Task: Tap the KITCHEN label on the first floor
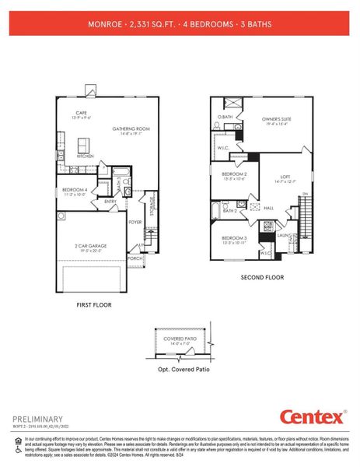coord(86,156)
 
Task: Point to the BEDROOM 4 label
coord(75,188)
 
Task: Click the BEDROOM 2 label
coord(234,174)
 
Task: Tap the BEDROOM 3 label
coord(234,237)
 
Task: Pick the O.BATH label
coord(225,117)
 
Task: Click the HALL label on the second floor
coord(268,208)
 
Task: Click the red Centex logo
coord(311,416)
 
